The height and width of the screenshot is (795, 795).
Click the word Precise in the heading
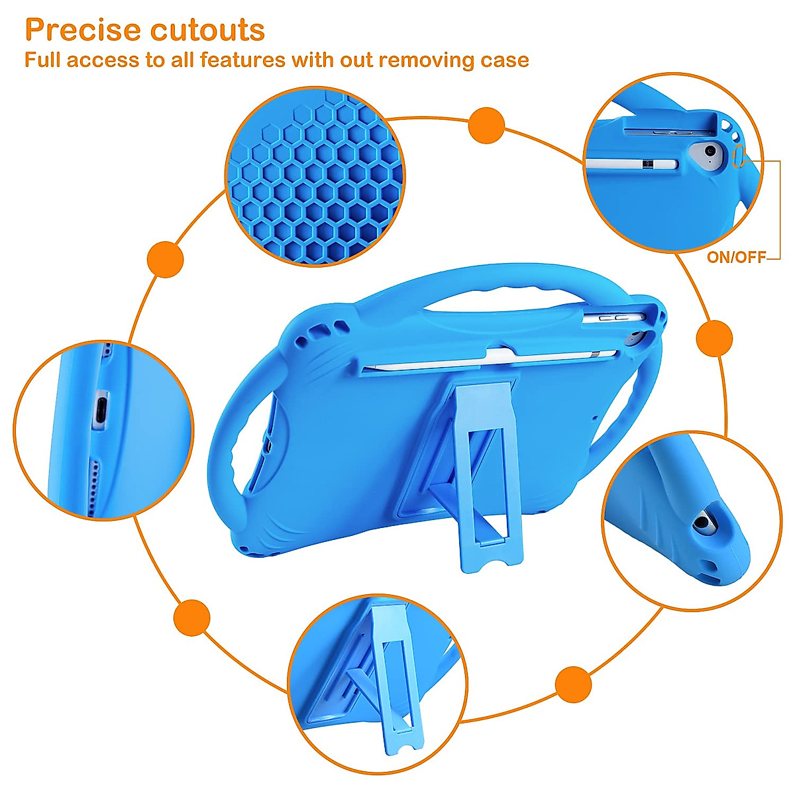[x=83, y=30]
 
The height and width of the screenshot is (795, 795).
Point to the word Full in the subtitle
[x=43, y=60]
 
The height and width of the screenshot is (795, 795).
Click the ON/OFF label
[x=736, y=258]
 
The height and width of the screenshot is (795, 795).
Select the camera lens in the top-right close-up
[x=710, y=152]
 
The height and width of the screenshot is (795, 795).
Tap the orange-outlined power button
[x=740, y=157]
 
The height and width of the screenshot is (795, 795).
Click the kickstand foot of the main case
[x=490, y=553]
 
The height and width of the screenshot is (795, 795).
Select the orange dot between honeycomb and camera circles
[x=486, y=125]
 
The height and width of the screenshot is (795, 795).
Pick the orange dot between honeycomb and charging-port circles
[x=165, y=258]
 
